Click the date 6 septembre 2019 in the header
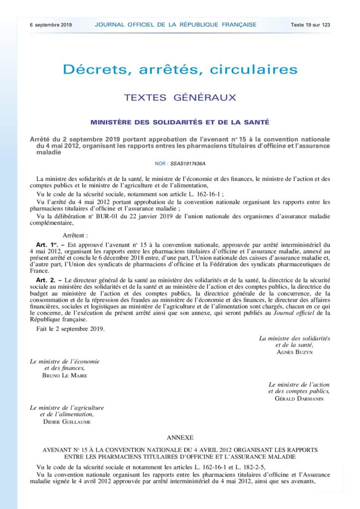point(51,24)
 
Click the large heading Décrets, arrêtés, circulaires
point(180,69)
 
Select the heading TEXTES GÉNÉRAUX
point(180,97)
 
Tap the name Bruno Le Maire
point(65,375)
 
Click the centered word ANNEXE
point(180,437)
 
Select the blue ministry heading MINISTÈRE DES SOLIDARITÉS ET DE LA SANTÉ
point(180,122)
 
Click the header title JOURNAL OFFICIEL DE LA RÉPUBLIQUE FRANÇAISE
point(176,24)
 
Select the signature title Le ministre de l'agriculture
point(67,408)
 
